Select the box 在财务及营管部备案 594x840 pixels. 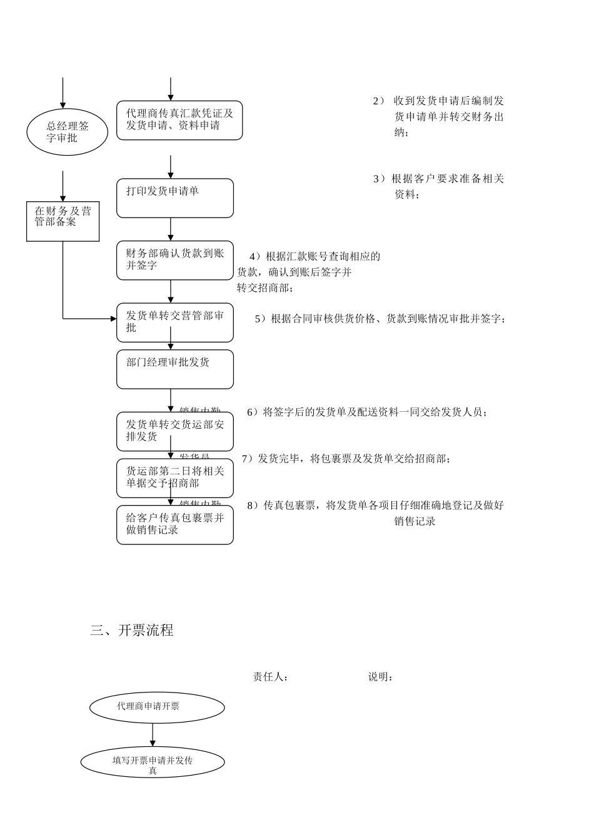63,221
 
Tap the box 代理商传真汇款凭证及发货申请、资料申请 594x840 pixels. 179,120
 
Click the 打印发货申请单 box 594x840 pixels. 175,198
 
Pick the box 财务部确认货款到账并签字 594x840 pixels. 175,260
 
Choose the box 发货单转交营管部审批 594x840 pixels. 175,322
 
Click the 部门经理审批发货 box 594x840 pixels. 175,369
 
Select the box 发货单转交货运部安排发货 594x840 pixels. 175,431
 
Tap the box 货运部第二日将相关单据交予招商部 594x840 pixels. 175,477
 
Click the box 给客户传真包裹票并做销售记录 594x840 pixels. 175,524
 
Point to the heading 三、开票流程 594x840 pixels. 132,630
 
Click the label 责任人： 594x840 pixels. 271,677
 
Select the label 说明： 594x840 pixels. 381,677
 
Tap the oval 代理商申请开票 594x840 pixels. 157,707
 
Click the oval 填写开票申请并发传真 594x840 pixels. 153,762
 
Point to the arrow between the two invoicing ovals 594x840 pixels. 153,735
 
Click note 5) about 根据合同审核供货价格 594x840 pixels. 380,319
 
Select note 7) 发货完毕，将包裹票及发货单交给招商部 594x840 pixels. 346,459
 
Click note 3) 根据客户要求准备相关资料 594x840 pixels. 439,186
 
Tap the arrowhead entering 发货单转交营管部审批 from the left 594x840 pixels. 113,319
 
